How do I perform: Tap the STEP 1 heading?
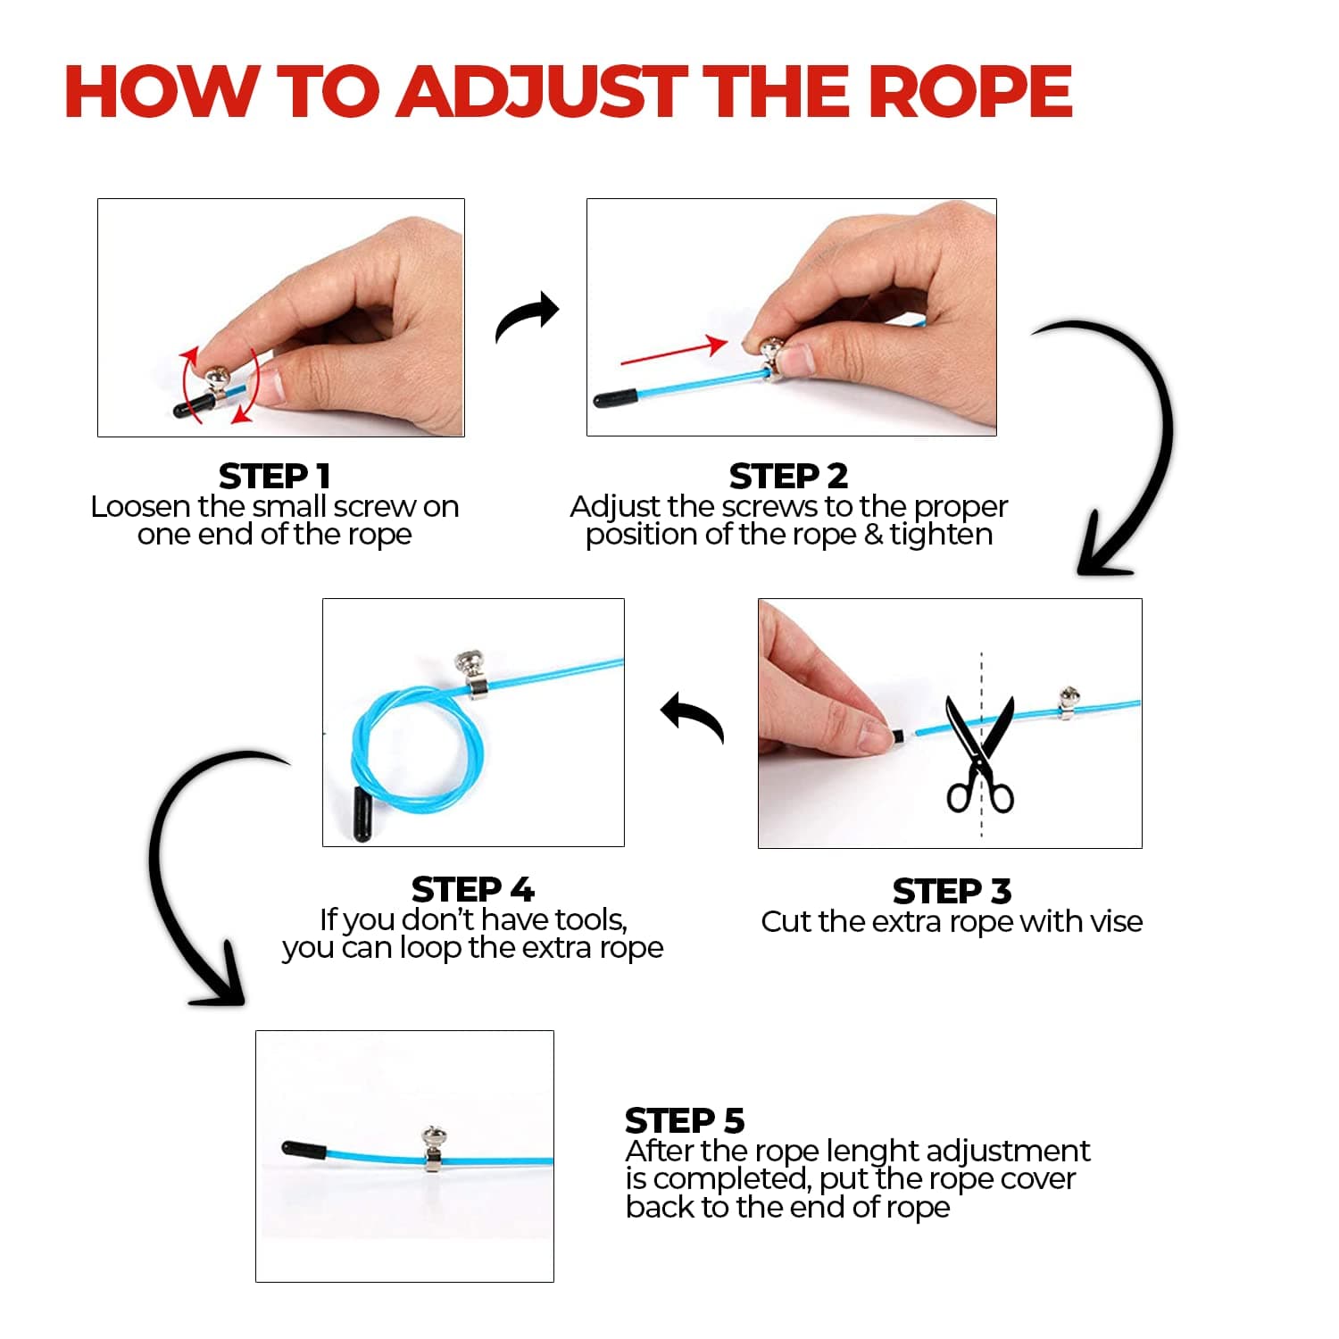(275, 476)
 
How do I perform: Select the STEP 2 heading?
(788, 476)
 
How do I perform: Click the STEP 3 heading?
(952, 891)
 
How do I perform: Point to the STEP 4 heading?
(472, 889)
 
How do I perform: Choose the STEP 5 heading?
(685, 1119)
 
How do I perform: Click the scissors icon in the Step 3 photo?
(979, 755)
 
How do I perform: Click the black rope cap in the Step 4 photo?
(361, 814)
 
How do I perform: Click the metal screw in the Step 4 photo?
(471, 675)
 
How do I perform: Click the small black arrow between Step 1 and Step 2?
(527, 316)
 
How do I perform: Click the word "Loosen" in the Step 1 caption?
(142, 507)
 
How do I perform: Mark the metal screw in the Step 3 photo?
(1067, 703)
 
